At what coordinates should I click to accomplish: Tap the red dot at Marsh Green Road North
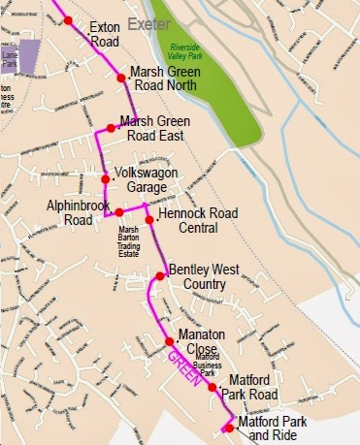click(120, 78)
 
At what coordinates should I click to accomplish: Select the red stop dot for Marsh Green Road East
click(110, 127)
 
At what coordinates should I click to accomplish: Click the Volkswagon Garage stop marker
click(105, 178)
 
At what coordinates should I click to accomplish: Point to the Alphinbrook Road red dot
click(119, 211)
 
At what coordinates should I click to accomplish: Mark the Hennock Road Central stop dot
click(149, 220)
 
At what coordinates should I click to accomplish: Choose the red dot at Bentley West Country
click(161, 276)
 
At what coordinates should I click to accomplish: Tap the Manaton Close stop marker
click(169, 340)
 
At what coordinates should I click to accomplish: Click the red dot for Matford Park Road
click(213, 386)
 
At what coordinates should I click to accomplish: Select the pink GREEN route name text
click(181, 368)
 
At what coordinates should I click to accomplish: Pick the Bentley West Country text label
click(197, 276)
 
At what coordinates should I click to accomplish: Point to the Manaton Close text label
click(201, 341)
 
